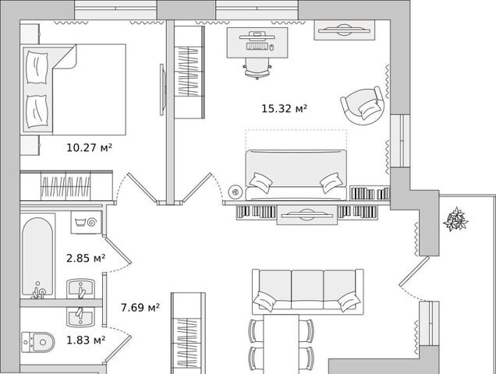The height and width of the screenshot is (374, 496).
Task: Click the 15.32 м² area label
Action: [x=284, y=109]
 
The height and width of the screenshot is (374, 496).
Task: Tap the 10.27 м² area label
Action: [x=89, y=147]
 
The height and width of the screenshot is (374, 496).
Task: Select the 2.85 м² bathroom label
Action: [x=86, y=258]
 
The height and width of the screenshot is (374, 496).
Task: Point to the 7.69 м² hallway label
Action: [x=140, y=307]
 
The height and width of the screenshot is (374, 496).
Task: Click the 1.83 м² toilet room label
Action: [x=86, y=340]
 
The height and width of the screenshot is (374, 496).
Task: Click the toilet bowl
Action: [x=38, y=342]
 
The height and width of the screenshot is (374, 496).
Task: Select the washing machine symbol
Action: [x=86, y=222]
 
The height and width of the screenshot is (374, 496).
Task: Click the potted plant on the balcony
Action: [x=455, y=220]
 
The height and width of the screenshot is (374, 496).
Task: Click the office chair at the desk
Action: [x=257, y=69]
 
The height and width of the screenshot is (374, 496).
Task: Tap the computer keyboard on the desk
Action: [x=257, y=47]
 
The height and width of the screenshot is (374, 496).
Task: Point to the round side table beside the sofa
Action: [x=236, y=192]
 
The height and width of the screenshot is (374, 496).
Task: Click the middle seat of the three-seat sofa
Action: [x=307, y=289]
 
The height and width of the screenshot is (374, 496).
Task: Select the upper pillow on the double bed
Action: [x=37, y=67]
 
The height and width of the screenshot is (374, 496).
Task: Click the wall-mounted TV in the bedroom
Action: [x=162, y=90]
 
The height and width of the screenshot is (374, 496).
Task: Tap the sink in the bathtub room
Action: [x=80, y=288]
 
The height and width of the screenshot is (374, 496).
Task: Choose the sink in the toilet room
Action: [x=80, y=317]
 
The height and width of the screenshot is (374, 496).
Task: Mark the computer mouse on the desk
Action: [x=271, y=48]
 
